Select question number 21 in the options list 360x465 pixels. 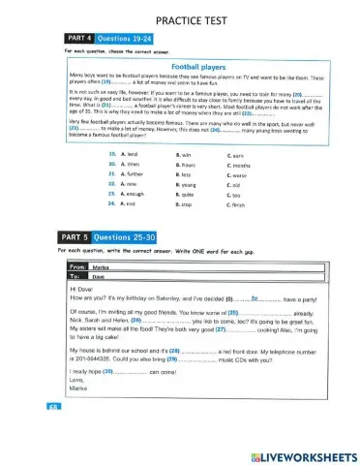pyautogui.click(x=111, y=177)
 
